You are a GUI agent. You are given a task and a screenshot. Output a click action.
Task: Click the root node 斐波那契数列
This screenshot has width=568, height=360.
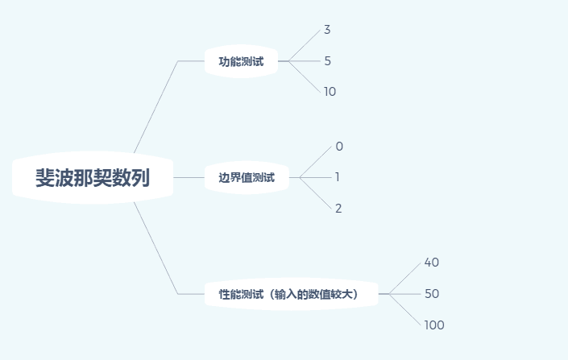[x=93, y=177]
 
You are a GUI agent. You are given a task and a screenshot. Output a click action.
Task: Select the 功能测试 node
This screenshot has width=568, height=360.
[x=241, y=61]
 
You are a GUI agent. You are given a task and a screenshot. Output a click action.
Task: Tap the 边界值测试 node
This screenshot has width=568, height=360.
[x=247, y=177]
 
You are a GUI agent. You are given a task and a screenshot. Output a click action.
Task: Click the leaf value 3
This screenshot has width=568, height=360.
[x=327, y=30]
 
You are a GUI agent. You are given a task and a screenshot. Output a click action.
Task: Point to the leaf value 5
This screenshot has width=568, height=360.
[x=327, y=61]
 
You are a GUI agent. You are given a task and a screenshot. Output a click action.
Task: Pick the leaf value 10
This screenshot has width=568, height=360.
[x=330, y=92]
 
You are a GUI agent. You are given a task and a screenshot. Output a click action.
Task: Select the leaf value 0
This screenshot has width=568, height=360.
[x=339, y=147]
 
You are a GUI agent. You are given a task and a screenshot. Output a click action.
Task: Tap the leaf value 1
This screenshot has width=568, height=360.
[x=338, y=177]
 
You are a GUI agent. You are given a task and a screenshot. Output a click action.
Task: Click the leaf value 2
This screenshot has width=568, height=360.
[x=338, y=209]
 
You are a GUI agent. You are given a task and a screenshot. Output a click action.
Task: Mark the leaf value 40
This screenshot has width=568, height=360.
[x=431, y=263]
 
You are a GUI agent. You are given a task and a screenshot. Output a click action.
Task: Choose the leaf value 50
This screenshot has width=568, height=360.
[x=431, y=294]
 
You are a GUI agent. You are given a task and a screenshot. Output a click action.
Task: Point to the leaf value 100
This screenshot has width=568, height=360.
[x=433, y=325]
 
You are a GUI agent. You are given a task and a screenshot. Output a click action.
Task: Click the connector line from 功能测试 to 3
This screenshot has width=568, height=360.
[x=305, y=45]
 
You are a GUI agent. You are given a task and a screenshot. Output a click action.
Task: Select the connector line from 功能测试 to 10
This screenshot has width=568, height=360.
[x=305, y=77]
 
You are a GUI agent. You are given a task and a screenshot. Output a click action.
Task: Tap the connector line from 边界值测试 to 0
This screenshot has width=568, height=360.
[x=316, y=162]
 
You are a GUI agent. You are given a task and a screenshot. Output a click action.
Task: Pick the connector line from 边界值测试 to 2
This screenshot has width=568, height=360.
[x=316, y=192]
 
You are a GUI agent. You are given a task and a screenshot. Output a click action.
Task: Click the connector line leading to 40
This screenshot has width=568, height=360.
[x=405, y=279]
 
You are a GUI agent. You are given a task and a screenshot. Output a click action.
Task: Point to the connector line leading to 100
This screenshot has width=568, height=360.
[x=405, y=309]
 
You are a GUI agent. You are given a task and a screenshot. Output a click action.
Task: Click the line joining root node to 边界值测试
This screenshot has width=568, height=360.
[x=189, y=177]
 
